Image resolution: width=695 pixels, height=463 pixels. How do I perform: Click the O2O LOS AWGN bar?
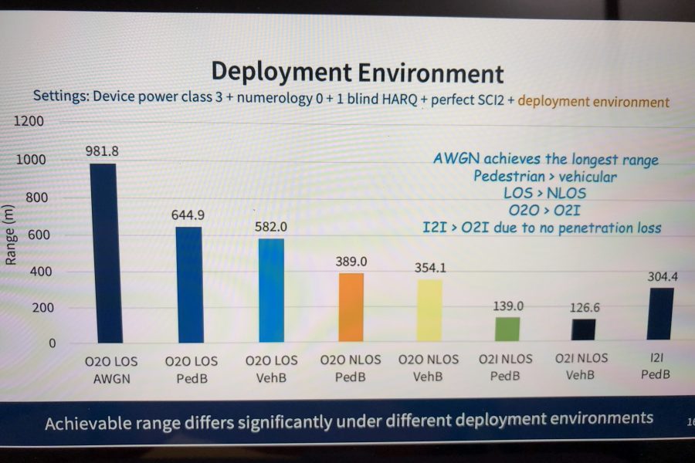[106, 253]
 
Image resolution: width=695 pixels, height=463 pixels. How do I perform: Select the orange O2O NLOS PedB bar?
[351, 307]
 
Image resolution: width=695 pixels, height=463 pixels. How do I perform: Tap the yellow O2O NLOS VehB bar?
[429, 310]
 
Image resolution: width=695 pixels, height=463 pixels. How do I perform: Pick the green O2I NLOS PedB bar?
[507, 329]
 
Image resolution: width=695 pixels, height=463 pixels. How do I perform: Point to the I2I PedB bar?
[660, 314]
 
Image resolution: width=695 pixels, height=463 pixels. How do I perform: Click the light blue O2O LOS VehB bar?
[271, 290]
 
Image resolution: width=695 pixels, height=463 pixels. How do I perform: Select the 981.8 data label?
[102, 151]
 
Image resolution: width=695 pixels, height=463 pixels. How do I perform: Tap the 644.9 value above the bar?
[188, 215]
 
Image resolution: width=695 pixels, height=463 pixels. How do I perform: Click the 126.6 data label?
[585, 307]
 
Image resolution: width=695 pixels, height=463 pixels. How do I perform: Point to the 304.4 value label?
[663, 277]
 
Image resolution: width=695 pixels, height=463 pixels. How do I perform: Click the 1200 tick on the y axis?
[29, 121]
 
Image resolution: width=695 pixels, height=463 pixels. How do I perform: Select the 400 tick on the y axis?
[41, 271]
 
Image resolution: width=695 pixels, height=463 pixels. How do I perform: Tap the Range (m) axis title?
[10, 235]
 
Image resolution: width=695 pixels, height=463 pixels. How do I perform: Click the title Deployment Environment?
[358, 73]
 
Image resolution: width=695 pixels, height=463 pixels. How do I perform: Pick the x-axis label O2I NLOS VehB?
[581, 367]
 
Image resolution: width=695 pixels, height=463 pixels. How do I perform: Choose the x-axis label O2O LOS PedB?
[192, 370]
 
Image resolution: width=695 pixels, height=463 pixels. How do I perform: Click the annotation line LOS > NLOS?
[544, 193]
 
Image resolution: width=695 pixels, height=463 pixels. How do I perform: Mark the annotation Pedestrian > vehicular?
[544, 177]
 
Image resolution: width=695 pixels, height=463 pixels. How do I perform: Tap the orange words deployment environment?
[594, 102]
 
